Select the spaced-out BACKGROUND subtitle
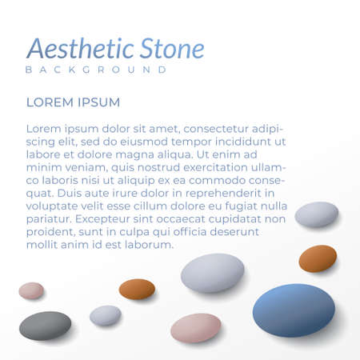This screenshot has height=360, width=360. (x=96, y=70)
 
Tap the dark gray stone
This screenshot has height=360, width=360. (x=45, y=325)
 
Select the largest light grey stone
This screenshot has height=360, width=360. (x=212, y=272)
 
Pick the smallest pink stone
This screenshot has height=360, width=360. (x=31, y=290)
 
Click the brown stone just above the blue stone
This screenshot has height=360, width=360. (x=318, y=258)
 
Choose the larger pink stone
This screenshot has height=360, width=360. (x=195, y=328)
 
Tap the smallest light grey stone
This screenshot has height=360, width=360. (x=105, y=315)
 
